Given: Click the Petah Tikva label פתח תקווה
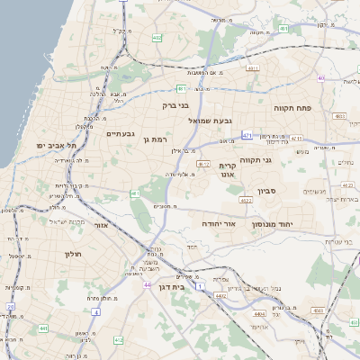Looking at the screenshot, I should click(x=292, y=106).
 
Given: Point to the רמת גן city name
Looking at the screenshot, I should click(x=155, y=139).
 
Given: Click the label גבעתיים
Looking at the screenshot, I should click(x=120, y=134).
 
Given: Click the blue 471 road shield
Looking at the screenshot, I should click(x=246, y=135).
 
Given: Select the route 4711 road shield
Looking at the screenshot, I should click(x=252, y=67).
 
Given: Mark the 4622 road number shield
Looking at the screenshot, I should click(x=246, y=201).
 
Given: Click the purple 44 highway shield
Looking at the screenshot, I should click(x=146, y=285).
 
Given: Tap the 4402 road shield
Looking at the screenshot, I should click(x=220, y=295).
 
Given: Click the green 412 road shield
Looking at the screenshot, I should click(x=118, y=340).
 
